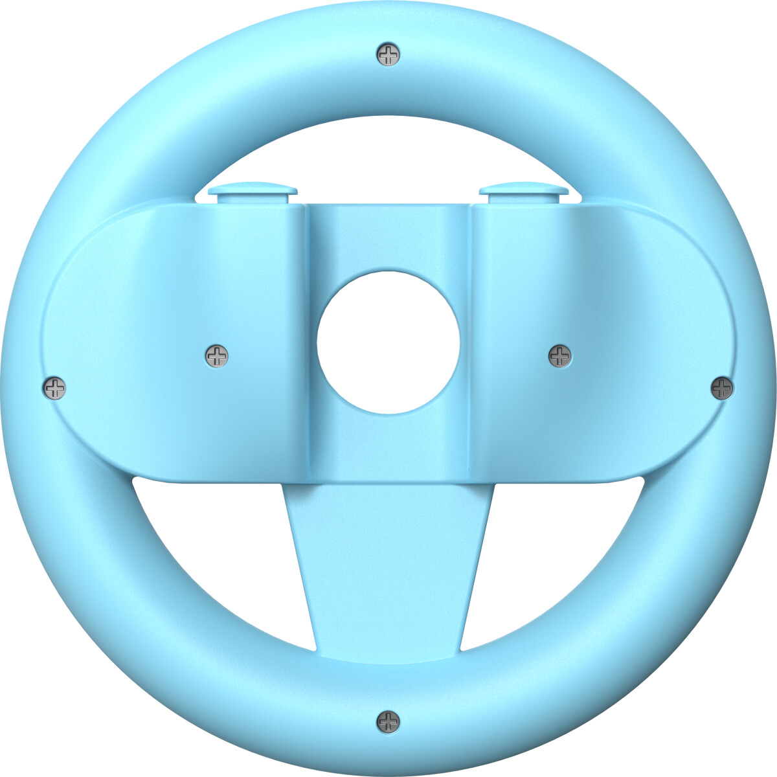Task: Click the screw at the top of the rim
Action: (388, 54)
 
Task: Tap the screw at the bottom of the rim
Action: (388, 721)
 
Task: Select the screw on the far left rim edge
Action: (54, 388)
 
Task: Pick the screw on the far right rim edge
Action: (722, 388)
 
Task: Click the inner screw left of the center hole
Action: (217, 355)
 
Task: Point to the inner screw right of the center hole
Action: (560, 355)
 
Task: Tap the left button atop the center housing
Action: (253, 192)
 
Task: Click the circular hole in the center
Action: (388, 343)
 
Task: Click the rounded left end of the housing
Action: (84, 343)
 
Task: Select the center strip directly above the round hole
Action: (388, 236)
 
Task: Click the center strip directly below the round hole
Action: (388, 447)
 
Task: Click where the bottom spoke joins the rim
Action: (388, 654)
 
